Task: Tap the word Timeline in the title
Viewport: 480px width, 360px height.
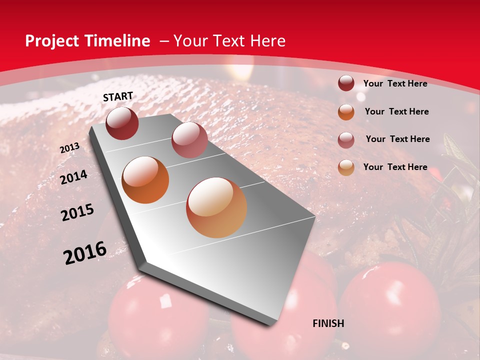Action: (x=119, y=41)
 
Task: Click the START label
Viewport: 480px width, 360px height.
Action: (x=118, y=96)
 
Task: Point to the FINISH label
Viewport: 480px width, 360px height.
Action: (x=328, y=323)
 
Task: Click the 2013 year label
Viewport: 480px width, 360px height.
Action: (x=69, y=148)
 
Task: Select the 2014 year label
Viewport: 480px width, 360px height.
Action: (x=73, y=177)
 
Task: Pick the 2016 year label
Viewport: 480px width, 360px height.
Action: (x=85, y=253)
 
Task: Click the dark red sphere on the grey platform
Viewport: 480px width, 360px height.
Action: (x=122, y=123)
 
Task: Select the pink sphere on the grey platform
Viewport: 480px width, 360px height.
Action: (x=189, y=140)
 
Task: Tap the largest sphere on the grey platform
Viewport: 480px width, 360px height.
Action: (x=216, y=207)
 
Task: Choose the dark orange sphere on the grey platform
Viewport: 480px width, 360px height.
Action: (x=145, y=180)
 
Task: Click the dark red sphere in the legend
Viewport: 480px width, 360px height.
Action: (x=346, y=83)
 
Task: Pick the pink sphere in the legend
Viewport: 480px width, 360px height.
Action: (x=346, y=140)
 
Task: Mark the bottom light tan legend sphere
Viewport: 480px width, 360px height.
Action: (x=346, y=168)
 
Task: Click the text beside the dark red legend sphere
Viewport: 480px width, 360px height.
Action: (x=395, y=83)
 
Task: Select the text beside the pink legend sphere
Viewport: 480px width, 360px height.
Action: (x=397, y=139)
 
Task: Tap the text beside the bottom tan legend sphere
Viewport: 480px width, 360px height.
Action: (x=395, y=167)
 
